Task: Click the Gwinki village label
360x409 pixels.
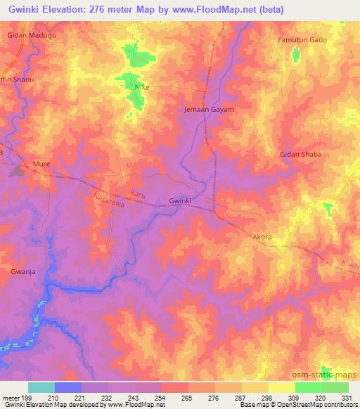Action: click(x=181, y=202)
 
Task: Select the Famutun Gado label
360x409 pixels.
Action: click(x=302, y=40)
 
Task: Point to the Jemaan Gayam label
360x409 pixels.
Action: click(x=208, y=110)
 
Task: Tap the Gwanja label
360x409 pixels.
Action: click(x=22, y=270)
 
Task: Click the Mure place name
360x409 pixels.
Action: click(x=42, y=164)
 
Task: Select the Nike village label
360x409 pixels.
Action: click(x=142, y=87)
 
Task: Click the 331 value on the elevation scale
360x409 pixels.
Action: click(x=347, y=397)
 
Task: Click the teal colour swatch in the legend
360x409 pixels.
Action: click(x=41, y=387)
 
